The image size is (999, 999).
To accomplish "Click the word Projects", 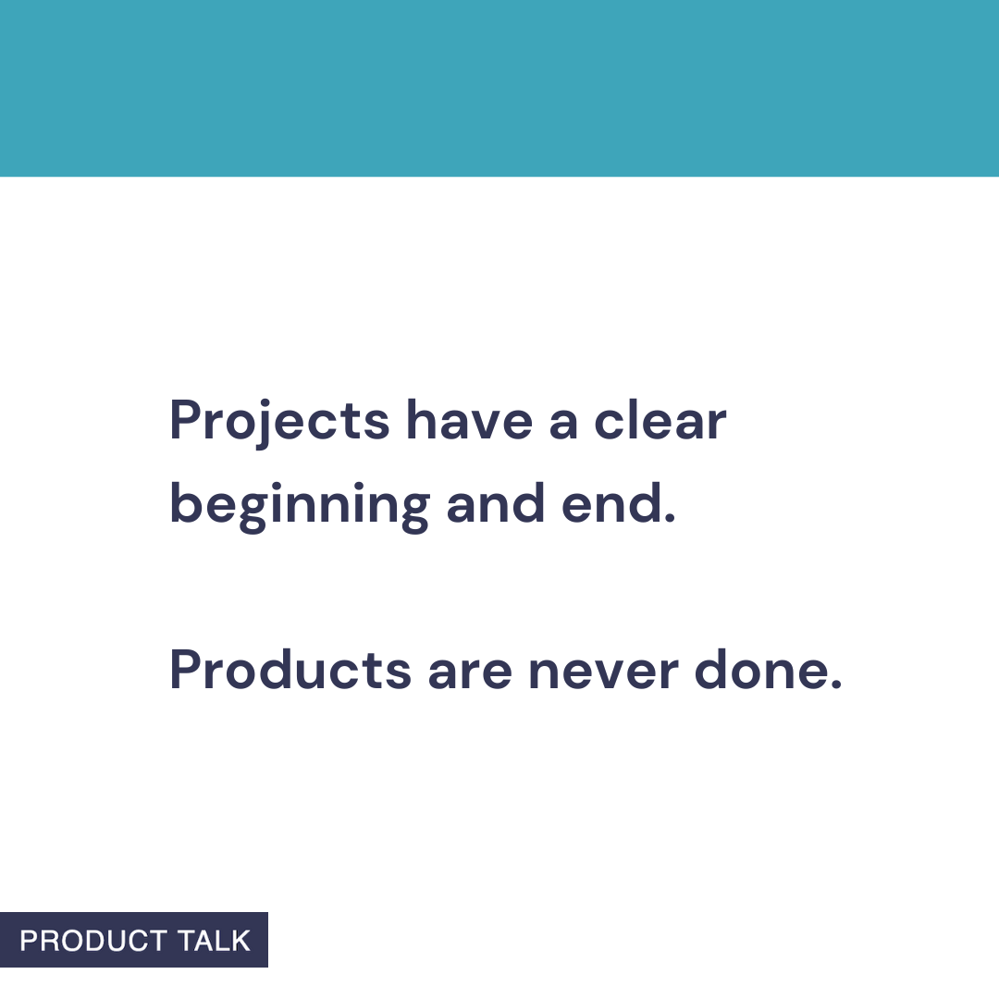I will tap(279, 421).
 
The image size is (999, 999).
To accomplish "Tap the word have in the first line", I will tap(469, 421).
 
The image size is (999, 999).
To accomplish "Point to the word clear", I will tap(660, 421).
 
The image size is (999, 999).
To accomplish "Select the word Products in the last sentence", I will tap(290, 671).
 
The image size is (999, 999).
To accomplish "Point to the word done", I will tap(760, 671).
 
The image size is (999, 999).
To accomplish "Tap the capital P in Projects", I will tap(185, 421).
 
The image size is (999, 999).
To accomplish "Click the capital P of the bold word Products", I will tap(185, 671).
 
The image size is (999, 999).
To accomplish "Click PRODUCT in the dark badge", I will tap(92, 941).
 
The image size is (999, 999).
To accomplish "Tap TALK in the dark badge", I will tap(215, 941).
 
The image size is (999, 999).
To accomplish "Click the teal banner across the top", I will tap(499, 88).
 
